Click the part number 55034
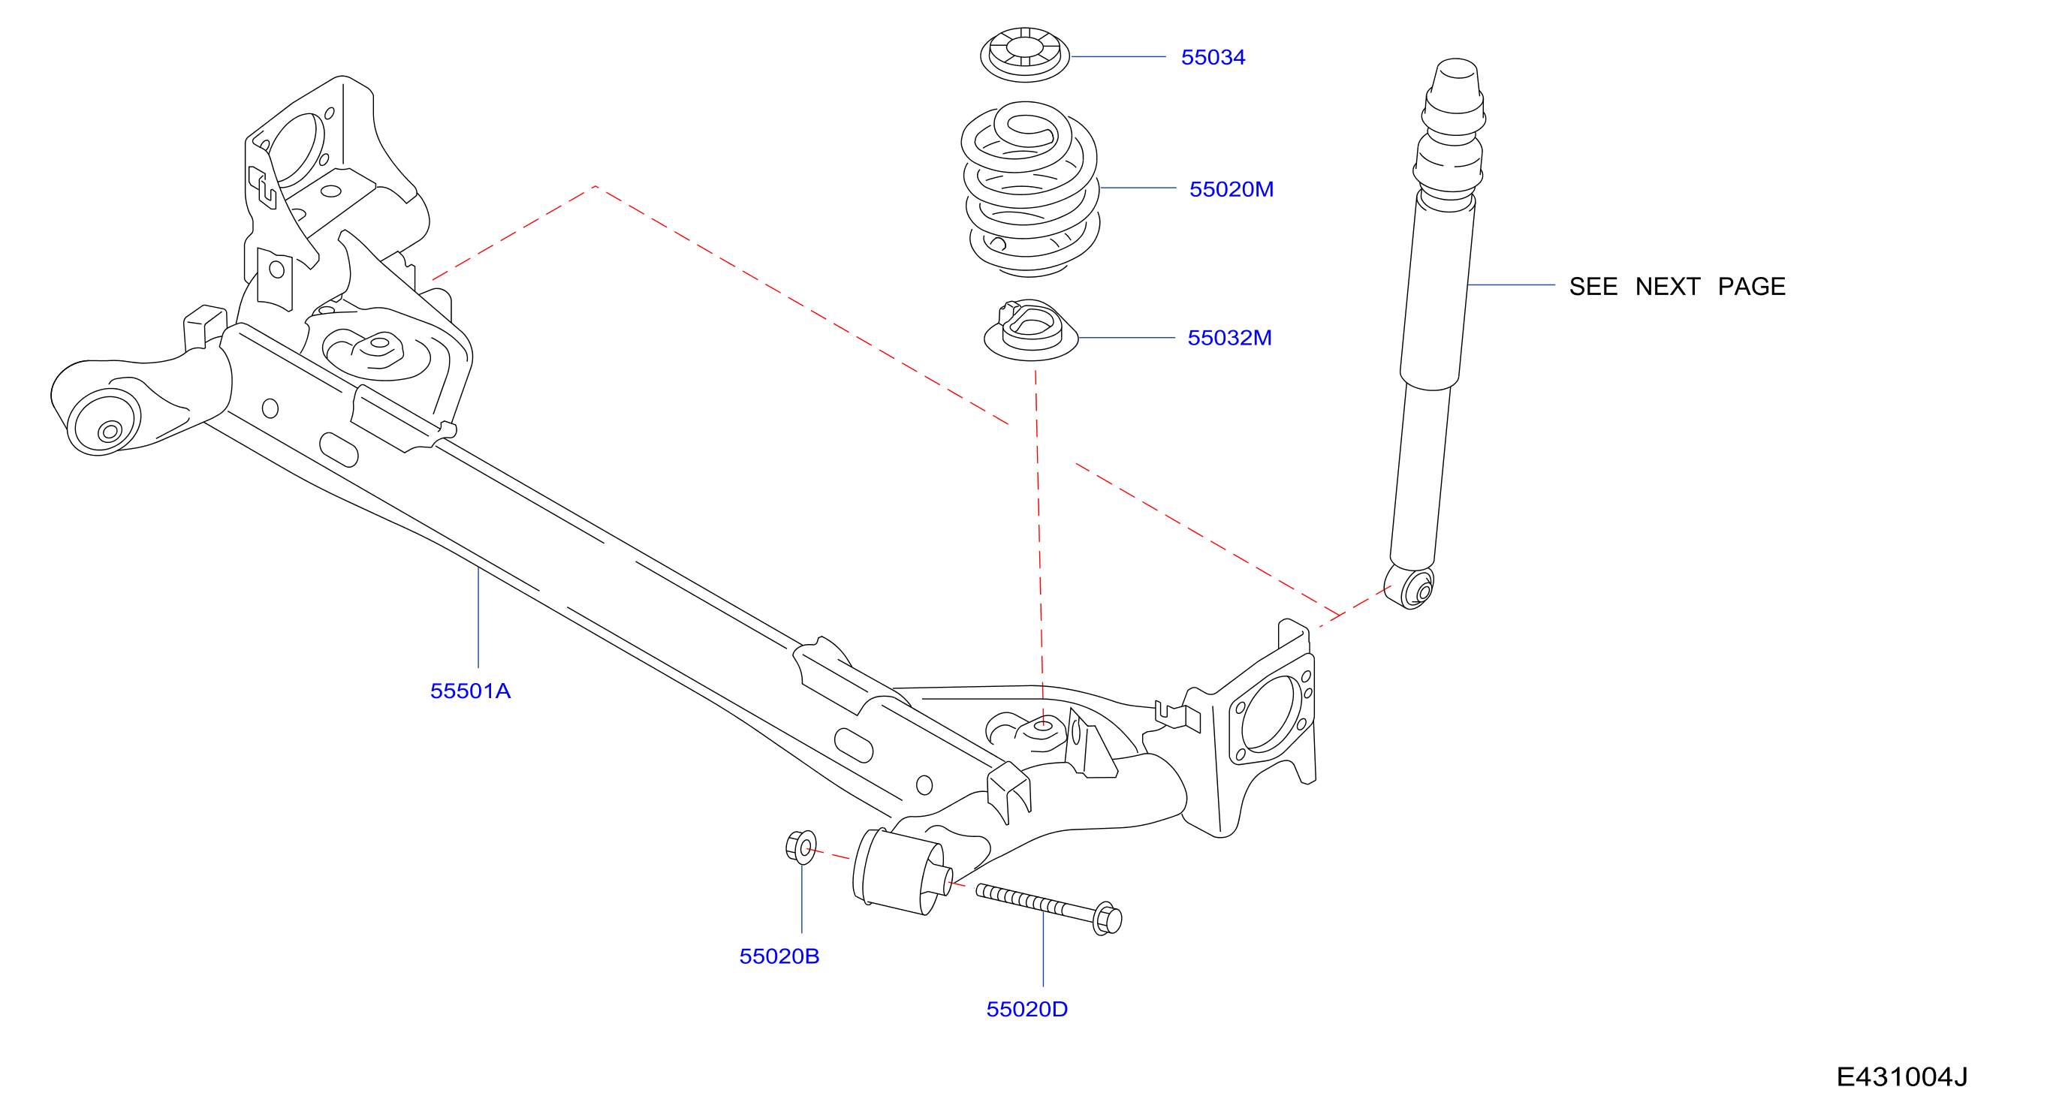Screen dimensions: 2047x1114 [1213, 57]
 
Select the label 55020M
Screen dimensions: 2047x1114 [1231, 189]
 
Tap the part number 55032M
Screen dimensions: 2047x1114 [1229, 338]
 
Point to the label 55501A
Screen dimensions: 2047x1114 [470, 691]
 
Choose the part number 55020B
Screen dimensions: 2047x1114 [779, 956]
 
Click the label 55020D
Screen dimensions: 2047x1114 [1027, 1009]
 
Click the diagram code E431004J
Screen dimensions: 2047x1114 [1901, 1076]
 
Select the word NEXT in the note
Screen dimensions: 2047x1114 [1667, 286]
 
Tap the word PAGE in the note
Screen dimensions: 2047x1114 [1751, 286]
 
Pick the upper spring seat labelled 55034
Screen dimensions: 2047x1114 [1025, 54]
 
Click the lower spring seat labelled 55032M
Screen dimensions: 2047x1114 [1031, 331]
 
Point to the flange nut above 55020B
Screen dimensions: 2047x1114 [801, 847]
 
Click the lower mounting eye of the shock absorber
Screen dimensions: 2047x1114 [1409, 586]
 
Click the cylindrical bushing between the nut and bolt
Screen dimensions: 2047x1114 [902, 872]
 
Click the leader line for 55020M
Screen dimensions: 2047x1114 [1138, 188]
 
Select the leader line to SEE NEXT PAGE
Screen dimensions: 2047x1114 [1512, 285]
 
